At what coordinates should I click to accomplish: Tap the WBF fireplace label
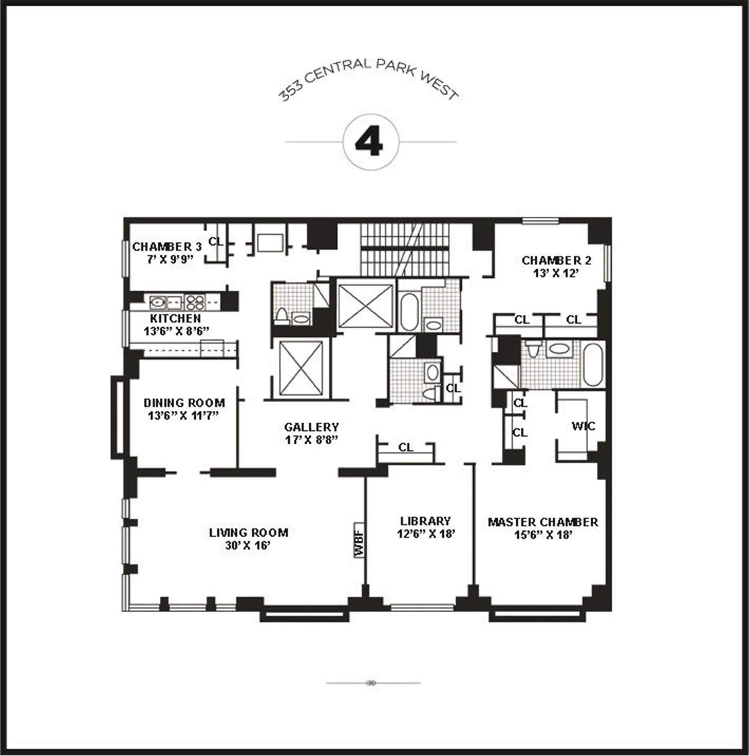pyautogui.click(x=359, y=540)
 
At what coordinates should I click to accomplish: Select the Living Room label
pyautogui.click(x=248, y=532)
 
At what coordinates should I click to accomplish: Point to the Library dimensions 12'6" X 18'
pyautogui.click(x=425, y=534)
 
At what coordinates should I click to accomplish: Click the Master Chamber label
pyautogui.click(x=543, y=522)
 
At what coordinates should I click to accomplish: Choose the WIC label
pyautogui.click(x=583, y=426)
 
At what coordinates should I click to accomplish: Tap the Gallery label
pyautogui.click(x=312, y=426)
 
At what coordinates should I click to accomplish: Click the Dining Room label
pyautogui.click(x=184, y=403)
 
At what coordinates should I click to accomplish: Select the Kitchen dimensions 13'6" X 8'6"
pyautogui.click(x=176, y=332)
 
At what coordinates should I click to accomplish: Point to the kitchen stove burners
pyautogui.click(x=195, y=302)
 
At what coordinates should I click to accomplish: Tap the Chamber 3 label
pyautogui.click(x=167, y=247)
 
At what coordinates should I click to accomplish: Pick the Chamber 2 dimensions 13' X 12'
pyautogui.click(x=556, y=273)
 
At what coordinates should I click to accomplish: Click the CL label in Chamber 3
pyautogui.click(x=216, y=242)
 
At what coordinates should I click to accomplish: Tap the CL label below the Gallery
pyautogui.click(x=405, y=447)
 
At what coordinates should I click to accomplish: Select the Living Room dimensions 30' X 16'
pyautogui.click(x=248, y=545)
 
